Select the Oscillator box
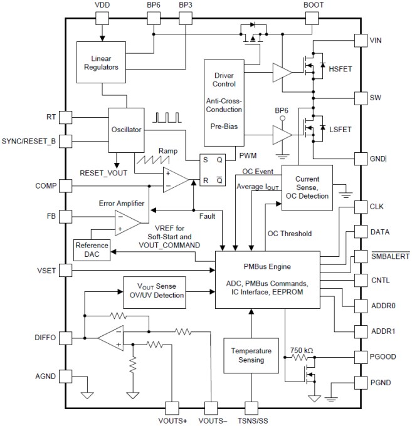coord(126,130)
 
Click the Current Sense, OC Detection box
coord(311,187)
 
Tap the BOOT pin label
coord(314,5)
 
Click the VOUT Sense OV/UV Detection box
coord(154,289)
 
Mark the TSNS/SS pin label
coord(251,418)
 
